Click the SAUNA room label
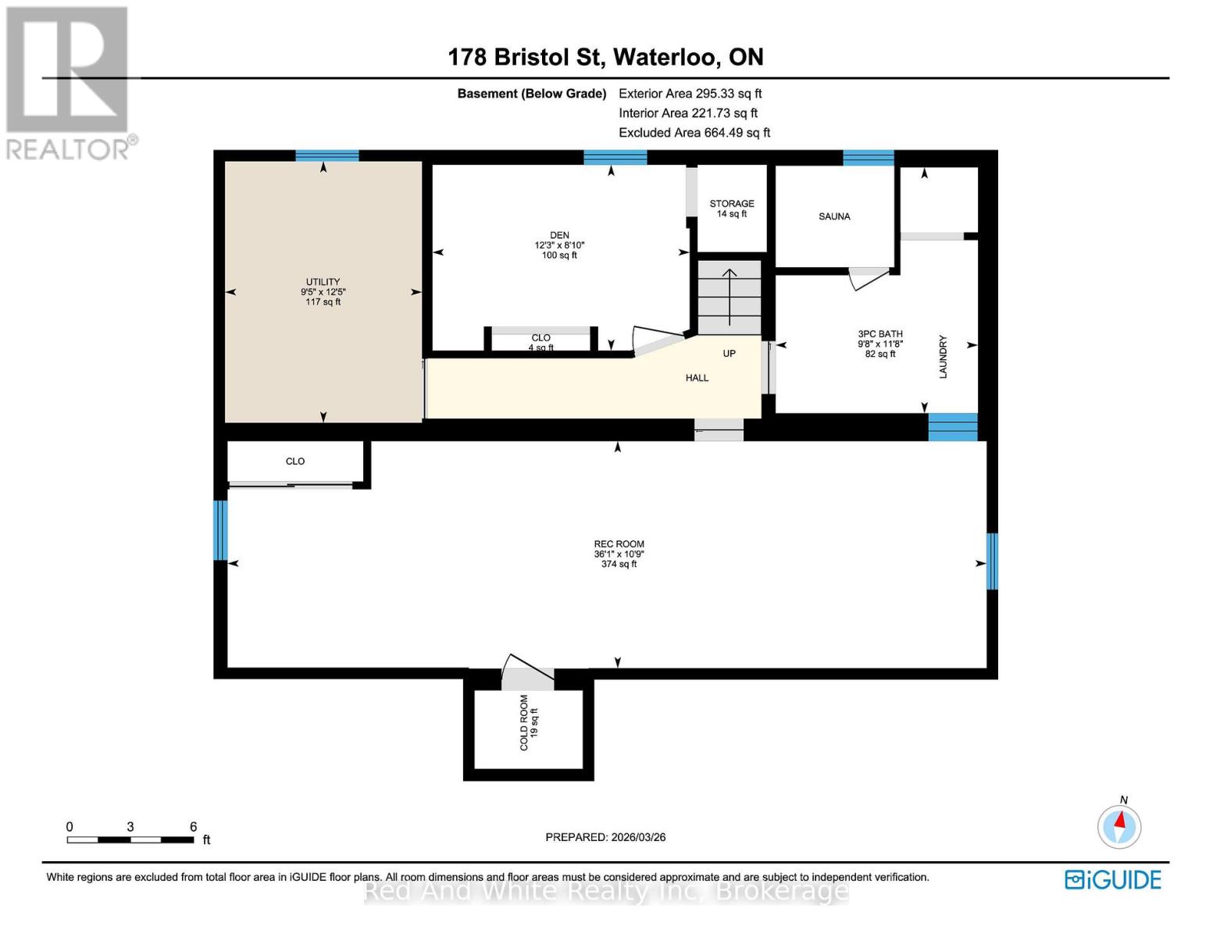(x=834, y=216)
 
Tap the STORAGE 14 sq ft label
(x=732, y=208)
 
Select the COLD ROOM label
(x=524, y=723)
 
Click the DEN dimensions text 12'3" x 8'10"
(x=559, y=245)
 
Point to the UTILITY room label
(x=323, y=282)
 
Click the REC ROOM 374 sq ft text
(x=619, y=564)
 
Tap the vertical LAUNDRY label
(x=943, y=357)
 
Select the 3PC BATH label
(x=880, y=334)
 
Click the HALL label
(x=697, y=378)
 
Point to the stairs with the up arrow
(x=730, y=297)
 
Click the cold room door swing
(x=526, y=673)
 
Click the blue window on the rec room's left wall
(x=221, y=530)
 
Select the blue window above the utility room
(x=327, y=155)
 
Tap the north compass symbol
(x=1119, y=825)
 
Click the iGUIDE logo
(x=1113, y=880)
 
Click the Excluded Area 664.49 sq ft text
(x=694, y=133)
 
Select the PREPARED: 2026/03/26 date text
(x=605, y=837)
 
